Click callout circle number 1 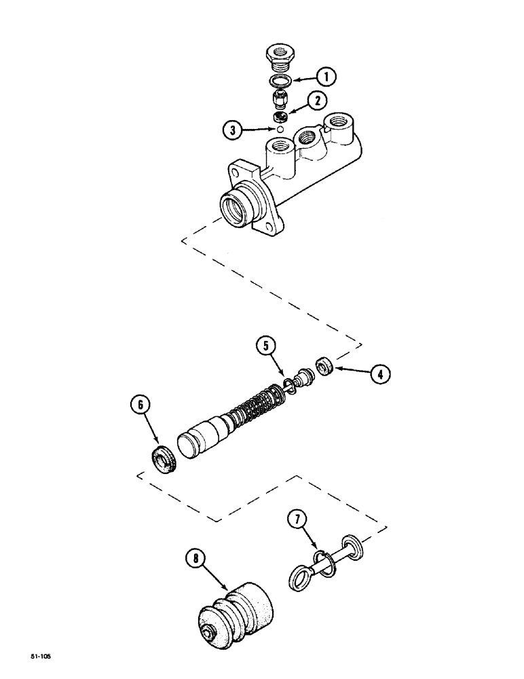coord(326,78)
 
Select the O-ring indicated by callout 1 coord(279,81)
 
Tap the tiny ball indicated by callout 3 coord(278,127)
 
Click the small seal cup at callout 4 coord(325,367)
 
